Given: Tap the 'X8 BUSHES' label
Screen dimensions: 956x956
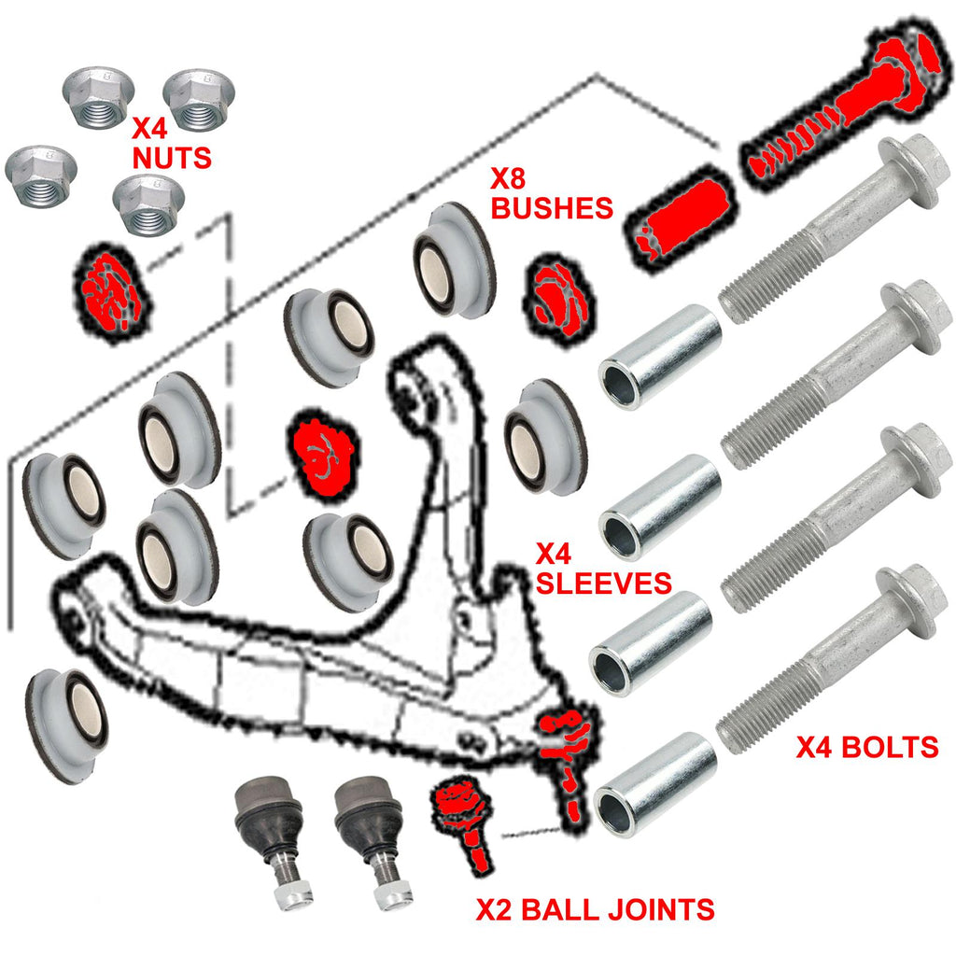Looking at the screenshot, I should click(552, 192).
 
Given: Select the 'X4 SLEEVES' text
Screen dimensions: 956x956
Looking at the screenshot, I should click(603, 569).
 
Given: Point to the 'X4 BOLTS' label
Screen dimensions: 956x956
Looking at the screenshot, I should click(866, 747).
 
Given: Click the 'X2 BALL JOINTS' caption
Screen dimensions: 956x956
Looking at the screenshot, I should click(595, 908).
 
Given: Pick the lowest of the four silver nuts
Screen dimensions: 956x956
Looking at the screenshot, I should click(148, 206).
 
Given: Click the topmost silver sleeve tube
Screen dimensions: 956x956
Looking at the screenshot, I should click(659, 356).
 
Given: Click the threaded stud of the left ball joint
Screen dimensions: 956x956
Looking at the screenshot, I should click(288, 892).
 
